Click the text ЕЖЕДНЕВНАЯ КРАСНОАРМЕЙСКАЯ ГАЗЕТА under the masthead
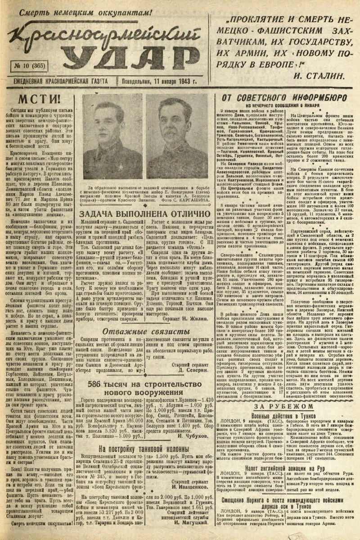57,82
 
